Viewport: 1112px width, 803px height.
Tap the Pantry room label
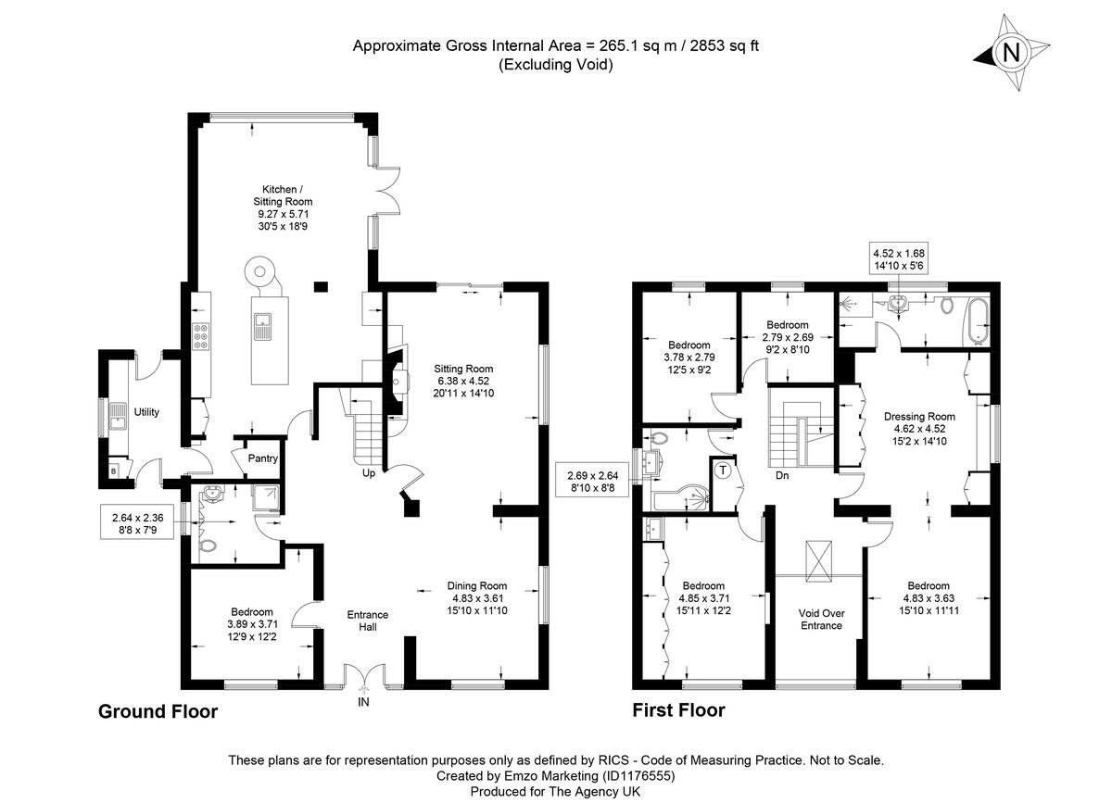(260, 458)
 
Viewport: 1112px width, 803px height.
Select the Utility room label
(145, 411)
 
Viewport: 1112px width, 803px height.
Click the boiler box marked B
(113, 471)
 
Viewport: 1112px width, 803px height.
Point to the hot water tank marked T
(724, 469)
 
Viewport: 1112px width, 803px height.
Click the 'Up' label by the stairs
(368, 474)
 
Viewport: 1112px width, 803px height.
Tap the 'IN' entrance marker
(363, 702)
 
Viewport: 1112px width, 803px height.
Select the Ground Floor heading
(158, 711)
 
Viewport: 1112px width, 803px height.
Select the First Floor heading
(678, 710)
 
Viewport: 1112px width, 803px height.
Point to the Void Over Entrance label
(821, 619)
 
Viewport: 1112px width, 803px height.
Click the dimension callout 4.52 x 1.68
(898, 259)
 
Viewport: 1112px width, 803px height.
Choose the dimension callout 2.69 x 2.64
(591, 481)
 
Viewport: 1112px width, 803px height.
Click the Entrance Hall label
(367, 621)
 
